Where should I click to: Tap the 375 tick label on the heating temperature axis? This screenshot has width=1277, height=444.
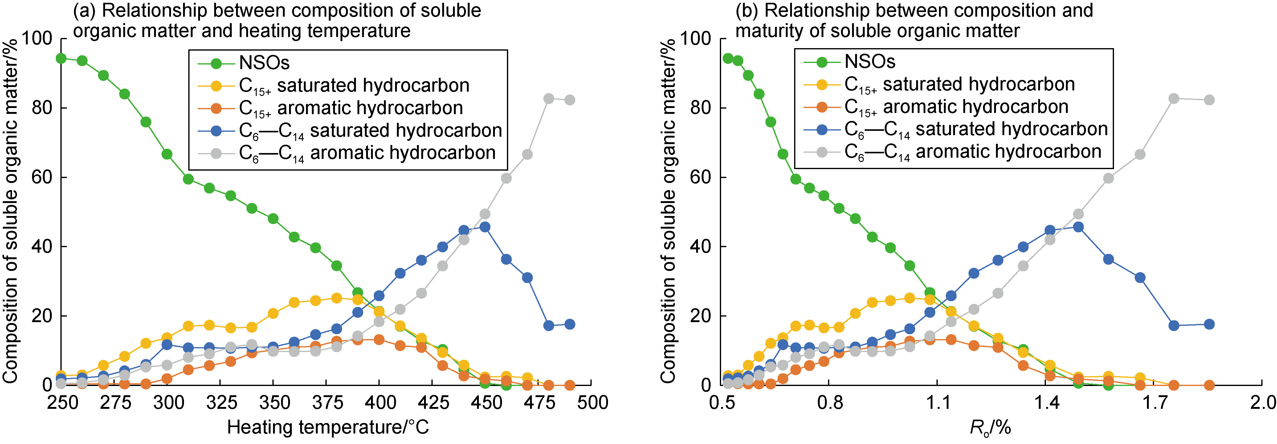(x=327, y=402)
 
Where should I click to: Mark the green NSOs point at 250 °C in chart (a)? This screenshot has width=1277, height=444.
(x=61, y=59)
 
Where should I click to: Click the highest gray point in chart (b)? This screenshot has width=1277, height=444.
(x=1173, y=99)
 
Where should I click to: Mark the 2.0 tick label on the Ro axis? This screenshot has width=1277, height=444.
(x=1262, y=402)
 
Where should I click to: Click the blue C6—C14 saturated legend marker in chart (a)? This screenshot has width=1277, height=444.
(x=216, y=131)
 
